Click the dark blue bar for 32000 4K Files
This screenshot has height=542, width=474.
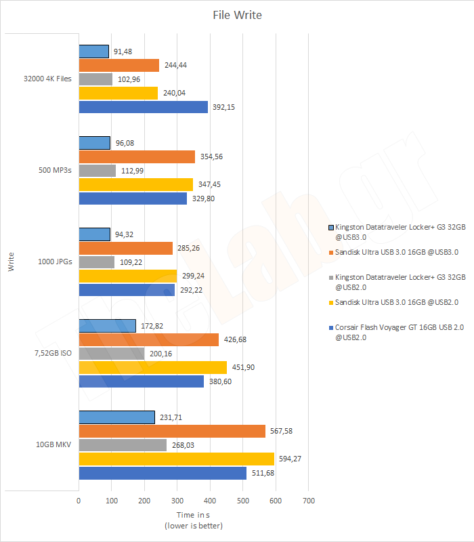[143, 107]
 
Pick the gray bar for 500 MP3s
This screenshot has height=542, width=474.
[98, 171]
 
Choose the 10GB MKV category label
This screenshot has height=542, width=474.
[53, 444]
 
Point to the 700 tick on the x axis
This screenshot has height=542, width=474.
[308, 501]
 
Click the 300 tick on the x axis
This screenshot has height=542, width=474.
[177, 501]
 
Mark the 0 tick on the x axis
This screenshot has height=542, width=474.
[79, 501]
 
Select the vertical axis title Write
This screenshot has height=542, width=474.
[12, 262]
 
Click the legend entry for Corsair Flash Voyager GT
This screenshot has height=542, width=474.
[395, 331]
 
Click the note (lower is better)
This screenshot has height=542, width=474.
[193, 526]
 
